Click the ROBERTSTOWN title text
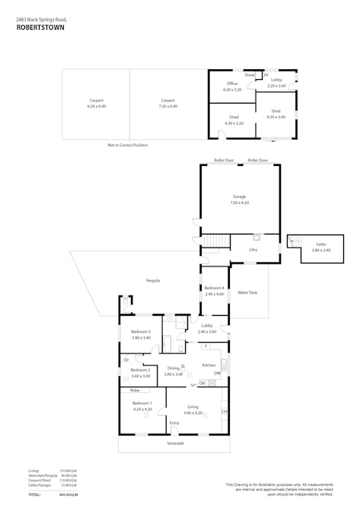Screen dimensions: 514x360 pos(40,26)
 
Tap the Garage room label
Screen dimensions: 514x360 pos(240,197)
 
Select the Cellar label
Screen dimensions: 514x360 pos(321,244)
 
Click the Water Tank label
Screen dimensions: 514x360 pos(247,292)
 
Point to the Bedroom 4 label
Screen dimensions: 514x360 pos(215,288)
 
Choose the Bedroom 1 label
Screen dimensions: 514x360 pos(142,403)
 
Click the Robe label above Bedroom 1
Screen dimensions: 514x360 pos(134,389)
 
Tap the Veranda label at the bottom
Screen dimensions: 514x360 pos(175,443)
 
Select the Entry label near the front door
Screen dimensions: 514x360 pos(174,423)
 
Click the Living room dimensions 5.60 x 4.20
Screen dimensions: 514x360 pos(193,413)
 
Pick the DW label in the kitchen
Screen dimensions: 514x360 pos(217,373)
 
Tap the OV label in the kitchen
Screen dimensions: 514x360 pos(202,382)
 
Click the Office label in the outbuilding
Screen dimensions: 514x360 pos(232,84)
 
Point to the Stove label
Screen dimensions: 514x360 pos(250,75)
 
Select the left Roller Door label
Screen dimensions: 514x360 pos(224,161)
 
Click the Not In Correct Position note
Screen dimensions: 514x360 pos(128,145)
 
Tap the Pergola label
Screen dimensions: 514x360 pos(153,280)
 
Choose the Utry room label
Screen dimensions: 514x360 pos(253,249)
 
